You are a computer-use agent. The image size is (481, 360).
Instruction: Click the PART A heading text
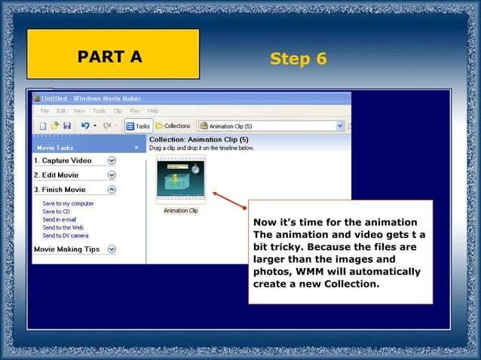pyautogui.click(x=110, y=56)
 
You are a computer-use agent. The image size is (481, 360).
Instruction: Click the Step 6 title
pyautogui.click(x=298, y=59)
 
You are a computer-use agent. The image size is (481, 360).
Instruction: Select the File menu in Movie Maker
pyautogui.click(x=44, y=111)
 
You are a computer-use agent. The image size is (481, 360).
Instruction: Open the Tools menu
pyautogui.click(x=98, y=111)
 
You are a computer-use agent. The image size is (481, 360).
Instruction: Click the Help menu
pyautogui.click(x=153, y=111)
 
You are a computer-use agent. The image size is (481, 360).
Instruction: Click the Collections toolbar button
pyautogui.click(x=173, y=126)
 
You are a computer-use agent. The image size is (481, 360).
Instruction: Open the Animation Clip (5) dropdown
pyautogui.click(x=340, y=126)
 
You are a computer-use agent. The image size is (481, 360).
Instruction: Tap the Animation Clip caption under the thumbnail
pyautogui.click(x=181, y=211)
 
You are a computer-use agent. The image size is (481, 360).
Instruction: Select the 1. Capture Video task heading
pyautogui.click(x=63, y=160)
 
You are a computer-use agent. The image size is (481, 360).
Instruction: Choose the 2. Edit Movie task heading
pyautogui.click(x=57, y=175)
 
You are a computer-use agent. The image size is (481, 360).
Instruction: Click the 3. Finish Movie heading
pyautogui.click(x=60, y=190)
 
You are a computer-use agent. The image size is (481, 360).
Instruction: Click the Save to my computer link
pyautogui.click(x=68, y=203)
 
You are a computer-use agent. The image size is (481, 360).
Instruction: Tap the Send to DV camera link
pyautogui.click(x=65, y=236)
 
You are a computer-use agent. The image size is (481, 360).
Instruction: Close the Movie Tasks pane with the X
pyautogui.click(x=136, y=148)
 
